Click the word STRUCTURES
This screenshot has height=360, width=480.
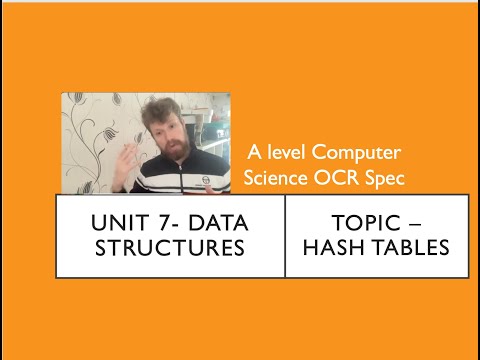170,247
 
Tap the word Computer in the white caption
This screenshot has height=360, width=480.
356,153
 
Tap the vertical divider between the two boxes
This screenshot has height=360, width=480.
285,236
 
